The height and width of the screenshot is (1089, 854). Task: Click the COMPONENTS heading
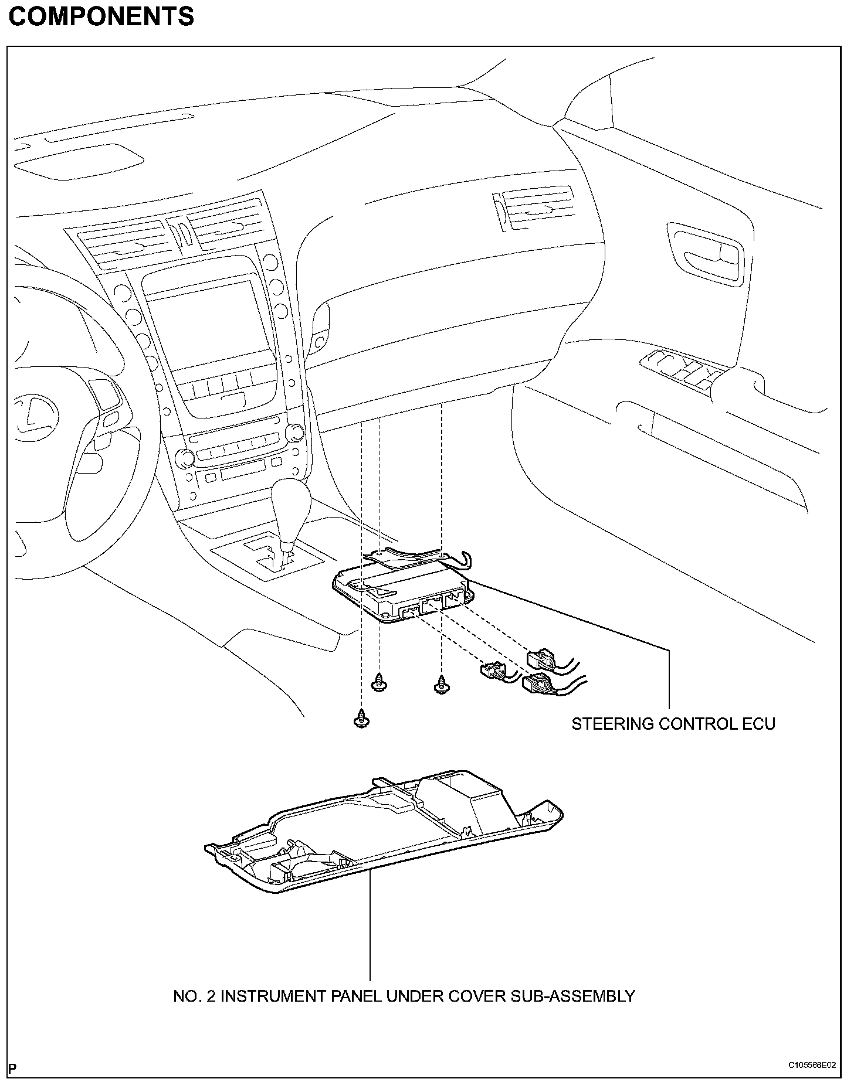coord(101,16)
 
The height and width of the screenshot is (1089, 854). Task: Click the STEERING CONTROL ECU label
coord(673,724)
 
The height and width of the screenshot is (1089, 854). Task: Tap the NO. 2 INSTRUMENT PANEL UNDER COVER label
coord(404,996)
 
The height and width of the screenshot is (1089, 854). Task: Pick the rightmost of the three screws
coord(440,684)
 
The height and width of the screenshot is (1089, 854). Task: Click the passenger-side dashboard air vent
coord(534,209)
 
